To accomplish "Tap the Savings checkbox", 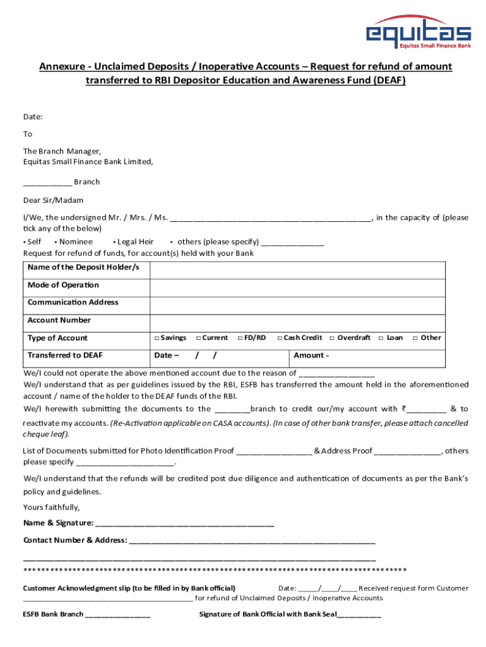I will point(156,338).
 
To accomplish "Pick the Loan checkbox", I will point(381,338).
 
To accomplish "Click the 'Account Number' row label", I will point(59,320).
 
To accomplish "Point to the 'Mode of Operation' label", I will point(63,285).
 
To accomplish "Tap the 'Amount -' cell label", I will point(311,355).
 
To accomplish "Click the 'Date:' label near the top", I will point(33,116).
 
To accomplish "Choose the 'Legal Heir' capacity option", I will point(134,242).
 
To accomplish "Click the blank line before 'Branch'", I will point(47,183).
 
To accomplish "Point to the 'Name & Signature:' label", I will point(58,523).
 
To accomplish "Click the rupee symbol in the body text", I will point(403,409).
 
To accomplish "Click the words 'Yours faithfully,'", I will point(52,507).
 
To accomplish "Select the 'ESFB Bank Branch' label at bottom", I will point(53,614).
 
